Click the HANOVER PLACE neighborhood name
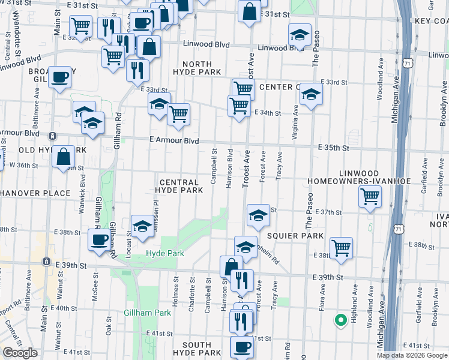(36, 193)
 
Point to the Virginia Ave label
(295, 123)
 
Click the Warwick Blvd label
(82, 188)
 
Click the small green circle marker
(340, 320)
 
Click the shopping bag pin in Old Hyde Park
(63, 157)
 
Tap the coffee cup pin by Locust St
(99, 240)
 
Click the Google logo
(20, 352)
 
